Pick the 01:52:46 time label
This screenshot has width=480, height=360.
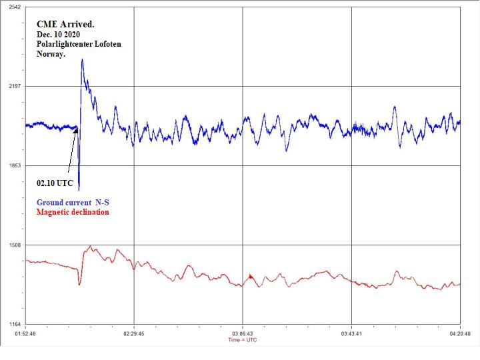[x=25, y=333]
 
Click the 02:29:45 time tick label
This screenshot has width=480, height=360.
[x=134, y=333]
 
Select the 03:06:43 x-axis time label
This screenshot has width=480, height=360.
[x=243, y=333]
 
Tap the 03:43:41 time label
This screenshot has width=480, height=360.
[x=351, y=333]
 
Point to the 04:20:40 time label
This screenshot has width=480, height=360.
[x=460, y=333]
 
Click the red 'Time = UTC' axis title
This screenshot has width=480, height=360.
[x=243, y=340]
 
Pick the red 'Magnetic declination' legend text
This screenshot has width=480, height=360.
[x=73, y=212]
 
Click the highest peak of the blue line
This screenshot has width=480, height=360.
[x=82, y=59]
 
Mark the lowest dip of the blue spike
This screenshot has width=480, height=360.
[x=79, y=189]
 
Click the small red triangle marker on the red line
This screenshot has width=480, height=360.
[x=251, y=276]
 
